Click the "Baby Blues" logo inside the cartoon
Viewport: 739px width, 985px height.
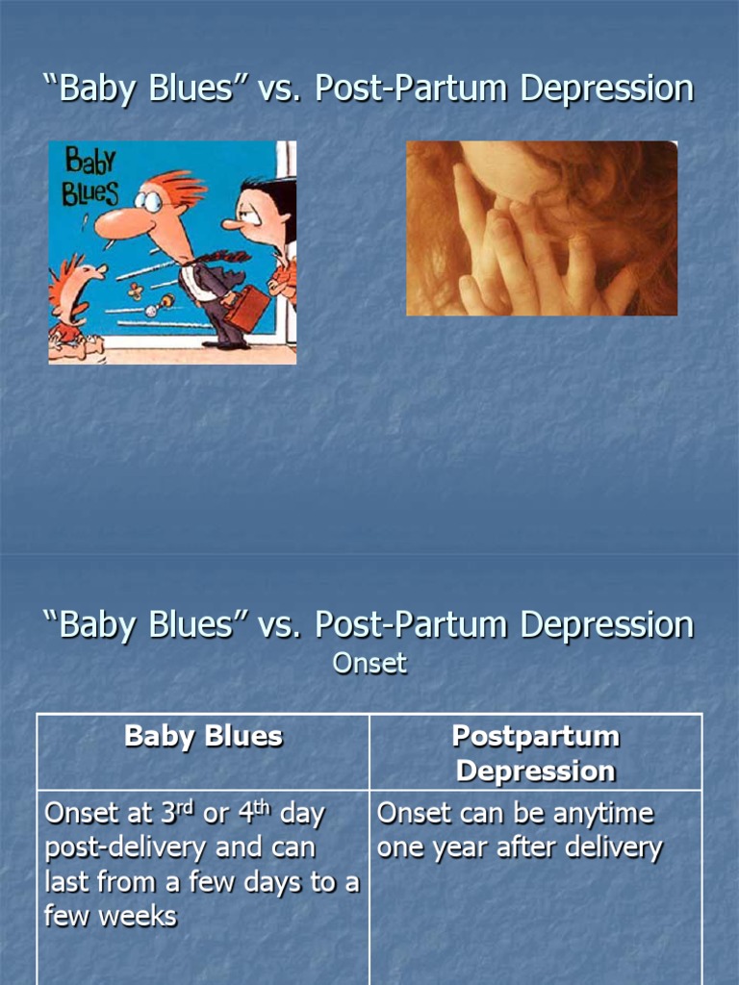[x=90, y=176]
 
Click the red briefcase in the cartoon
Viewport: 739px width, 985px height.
[x=249, y=308]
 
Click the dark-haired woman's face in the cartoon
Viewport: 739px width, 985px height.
[x=257, y=219]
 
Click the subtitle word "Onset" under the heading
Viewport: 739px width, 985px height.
[x=369, y=663]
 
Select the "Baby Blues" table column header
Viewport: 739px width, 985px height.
[x=203, y=737]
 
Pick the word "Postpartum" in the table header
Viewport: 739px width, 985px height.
[x=536, y=737]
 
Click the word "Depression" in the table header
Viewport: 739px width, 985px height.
[x=536, y=770]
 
